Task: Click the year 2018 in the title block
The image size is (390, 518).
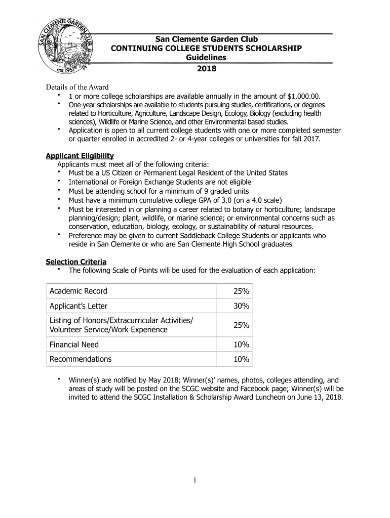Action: pyautogui.click(x=206, y=69)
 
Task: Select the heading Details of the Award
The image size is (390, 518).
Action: pyautogui.click(x=77, y=87)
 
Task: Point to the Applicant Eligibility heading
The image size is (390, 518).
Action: pyautogui.click(x=80, y=155)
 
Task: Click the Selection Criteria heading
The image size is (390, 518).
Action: pyautogui.click(x=76, y=262)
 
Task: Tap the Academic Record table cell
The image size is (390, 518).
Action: pyautogui.click(x=79, y=291)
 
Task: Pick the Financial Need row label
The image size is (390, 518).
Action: pyautogui.click(x=74, y=344)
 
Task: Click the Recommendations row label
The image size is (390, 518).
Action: pyautogui.click(x=81, y=359)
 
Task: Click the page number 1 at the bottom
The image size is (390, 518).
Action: pyautogui.click(x=195, y=481)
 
